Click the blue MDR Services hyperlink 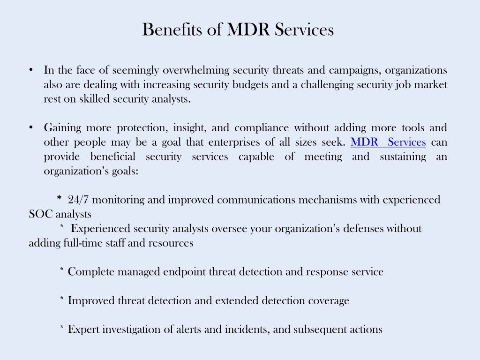pos(388,142)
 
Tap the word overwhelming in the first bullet pos(196,70)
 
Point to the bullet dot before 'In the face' pos(31,70)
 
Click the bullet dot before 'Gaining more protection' pos(31,127)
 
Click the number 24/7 pos(78,200)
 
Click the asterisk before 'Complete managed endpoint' pos(62,269)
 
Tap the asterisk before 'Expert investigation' pos(62,327)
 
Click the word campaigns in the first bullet pos(355,70)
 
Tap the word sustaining pos(403,157)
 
